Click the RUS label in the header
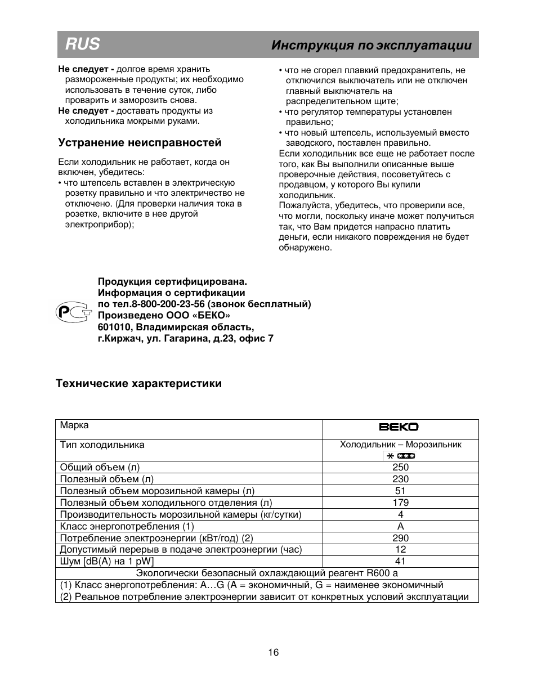(x=82, y=44)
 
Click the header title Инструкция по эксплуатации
(x=371, y=45)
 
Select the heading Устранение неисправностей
(x=140, y=142)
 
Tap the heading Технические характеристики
(x=138, y=383)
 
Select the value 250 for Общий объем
(x=400, y=467)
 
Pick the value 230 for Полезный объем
(x=400, y=479)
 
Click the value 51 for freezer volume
(x=400, y=491)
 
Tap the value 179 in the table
(x=400, y=503)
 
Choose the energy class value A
(x=400, y=526)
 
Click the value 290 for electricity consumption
(x=400, y=538)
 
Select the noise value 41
(x=400, y=561)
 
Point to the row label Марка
(x=74, y=425)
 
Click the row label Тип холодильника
(x=102, y=445)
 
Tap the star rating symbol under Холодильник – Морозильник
(x=400, y=455)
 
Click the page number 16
(x=273, y=652)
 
